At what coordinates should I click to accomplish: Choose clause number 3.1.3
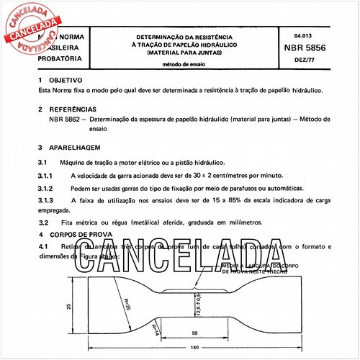[x=46, y=199]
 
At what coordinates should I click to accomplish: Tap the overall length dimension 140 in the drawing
[x=195, y=348]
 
